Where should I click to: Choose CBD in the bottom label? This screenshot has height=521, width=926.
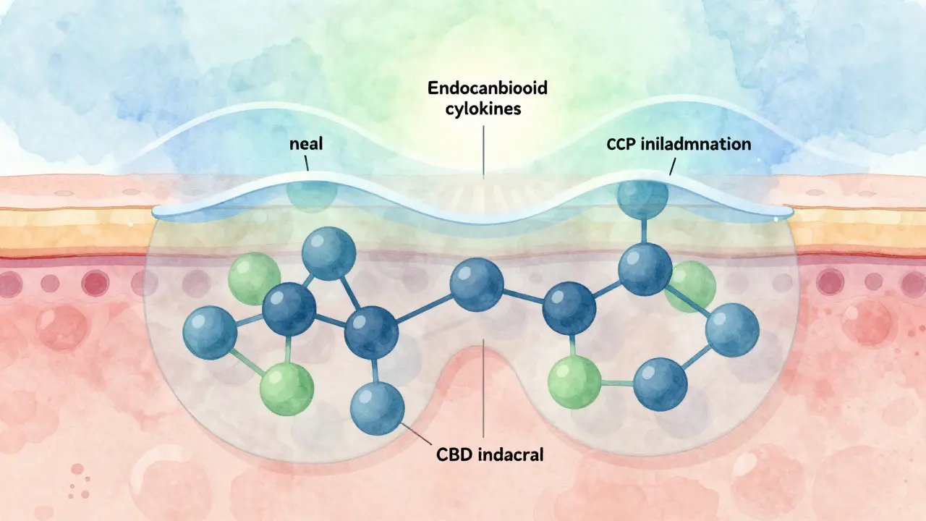[x=454, y=456]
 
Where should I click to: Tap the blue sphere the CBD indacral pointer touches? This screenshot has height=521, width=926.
[x=377, y=407]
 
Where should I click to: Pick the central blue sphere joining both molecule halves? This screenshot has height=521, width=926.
[x=476, y=284]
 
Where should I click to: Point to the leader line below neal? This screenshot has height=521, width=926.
[x=307, y=164]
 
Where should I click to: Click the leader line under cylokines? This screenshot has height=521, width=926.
[x=483, y=148]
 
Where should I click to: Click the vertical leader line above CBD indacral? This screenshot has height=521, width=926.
[x=483, y=391]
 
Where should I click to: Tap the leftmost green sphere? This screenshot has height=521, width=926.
[x=254, y=276]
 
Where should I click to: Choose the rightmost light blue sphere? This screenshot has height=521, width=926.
[x=732, y=330]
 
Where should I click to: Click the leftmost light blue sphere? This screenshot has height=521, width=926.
[x=211, y=332]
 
